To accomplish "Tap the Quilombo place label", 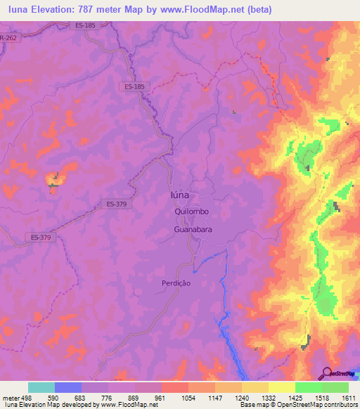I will pos(191,212).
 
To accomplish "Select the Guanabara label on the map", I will pos(194,230).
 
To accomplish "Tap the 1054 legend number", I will pos(188,398).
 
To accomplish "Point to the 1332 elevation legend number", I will pos(268,398).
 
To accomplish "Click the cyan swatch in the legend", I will pos(41,387).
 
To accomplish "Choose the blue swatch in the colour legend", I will pos(68,387).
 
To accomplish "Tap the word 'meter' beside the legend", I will pos(10,398).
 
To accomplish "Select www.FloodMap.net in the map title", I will pos(206,10).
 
